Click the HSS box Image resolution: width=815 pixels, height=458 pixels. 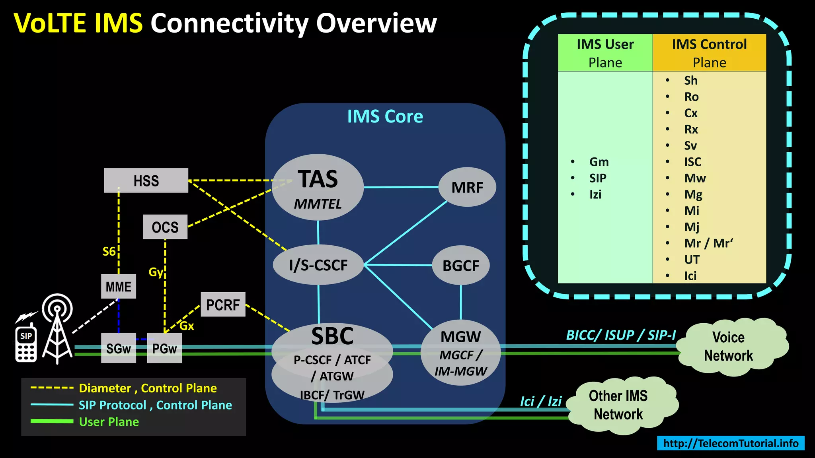[146, 180]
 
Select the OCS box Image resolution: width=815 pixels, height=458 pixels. [165, 227]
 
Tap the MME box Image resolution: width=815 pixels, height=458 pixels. [118, 286]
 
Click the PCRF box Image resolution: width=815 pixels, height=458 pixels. [223, 305]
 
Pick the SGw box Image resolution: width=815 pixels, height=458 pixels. [118, 348]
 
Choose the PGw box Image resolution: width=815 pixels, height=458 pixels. [164, 348]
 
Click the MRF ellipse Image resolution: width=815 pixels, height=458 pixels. [467, 187]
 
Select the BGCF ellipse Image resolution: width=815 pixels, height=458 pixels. [460, 265]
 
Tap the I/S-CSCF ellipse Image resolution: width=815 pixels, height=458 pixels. [318, 265]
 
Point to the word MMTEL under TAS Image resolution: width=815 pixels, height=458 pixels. [318, 204]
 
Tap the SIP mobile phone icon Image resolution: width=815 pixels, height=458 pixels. [26, 343]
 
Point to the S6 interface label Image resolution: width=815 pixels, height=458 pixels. [109, 251]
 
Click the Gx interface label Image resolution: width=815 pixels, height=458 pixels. [187, 326]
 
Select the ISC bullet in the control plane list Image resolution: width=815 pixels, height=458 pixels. [692, 162]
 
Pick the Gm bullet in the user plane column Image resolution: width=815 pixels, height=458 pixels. [599, 162]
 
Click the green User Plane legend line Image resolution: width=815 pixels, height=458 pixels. [52, 421]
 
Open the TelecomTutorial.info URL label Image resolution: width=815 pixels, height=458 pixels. [731, 443]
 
